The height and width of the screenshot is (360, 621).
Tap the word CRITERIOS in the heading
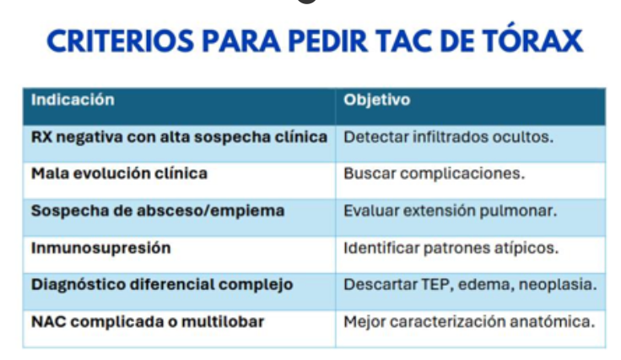tap(121, 41)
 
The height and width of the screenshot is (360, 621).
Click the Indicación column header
tap(73, 99)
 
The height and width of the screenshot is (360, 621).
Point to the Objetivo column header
tap(376, 100)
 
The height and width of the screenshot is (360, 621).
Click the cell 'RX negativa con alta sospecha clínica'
tap(180, 137)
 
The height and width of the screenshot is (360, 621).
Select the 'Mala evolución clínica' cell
tap(119, 174)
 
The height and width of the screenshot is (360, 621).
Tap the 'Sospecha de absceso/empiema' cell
tap(158, 211)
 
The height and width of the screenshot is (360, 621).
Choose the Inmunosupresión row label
tap(101, 249)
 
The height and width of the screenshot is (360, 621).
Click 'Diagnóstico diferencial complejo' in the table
tap(162, 285)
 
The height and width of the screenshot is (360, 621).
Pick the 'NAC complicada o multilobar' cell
tap(148, 321)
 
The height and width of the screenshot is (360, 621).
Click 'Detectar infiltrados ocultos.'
tap(448, 137)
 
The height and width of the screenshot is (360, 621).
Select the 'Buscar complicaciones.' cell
tap(434, 174)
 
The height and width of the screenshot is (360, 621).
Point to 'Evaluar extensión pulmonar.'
tap(451, 212)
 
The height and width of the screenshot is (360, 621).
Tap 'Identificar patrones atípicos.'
tap(451, 249)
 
